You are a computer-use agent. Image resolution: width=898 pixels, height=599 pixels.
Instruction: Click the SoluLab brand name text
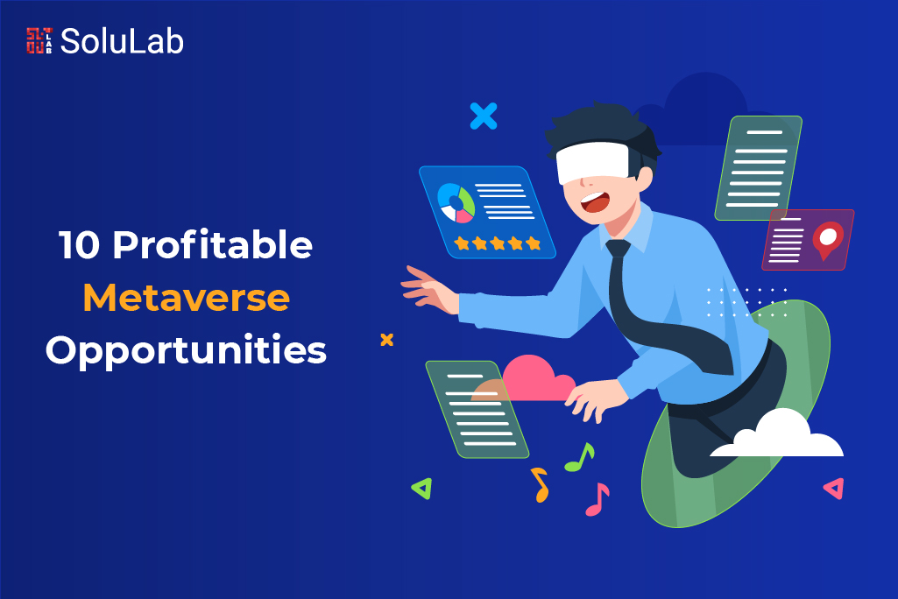tap(122, 41)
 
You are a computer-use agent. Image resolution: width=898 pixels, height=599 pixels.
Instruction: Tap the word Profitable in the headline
tap(212, 247)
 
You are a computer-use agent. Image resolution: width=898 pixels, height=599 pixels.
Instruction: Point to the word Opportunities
tap(186, 351)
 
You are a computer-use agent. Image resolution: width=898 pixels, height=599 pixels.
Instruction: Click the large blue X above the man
tap(483, 116)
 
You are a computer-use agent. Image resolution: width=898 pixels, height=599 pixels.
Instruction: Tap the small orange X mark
tap(386, 339)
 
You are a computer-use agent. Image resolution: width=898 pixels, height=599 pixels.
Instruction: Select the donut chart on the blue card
tap(456, 202)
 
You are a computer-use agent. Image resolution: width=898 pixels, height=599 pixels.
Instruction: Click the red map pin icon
tap(828, 238)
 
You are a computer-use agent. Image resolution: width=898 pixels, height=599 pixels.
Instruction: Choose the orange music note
tap(539, 484)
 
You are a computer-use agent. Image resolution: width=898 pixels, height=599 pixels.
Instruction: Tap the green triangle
tap(422, 488)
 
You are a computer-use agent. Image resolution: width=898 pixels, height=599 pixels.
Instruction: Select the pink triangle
tap(834, 489)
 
